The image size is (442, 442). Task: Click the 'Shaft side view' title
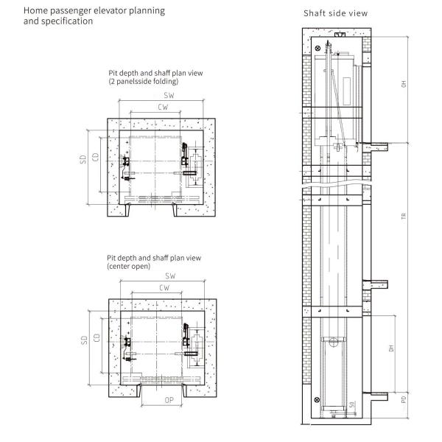tap(335, 13)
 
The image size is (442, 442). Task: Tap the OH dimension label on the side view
tap(403, 84)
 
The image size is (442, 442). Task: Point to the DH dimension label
tap(392, 347)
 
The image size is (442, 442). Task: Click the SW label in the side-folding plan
tap(169, 97)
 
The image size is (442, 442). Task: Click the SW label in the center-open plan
tap(170, 276)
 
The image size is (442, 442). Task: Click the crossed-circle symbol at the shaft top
tap(318, 49)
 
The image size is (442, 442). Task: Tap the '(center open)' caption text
tap(129, 266)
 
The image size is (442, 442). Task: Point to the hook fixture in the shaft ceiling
tap(338, 35)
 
